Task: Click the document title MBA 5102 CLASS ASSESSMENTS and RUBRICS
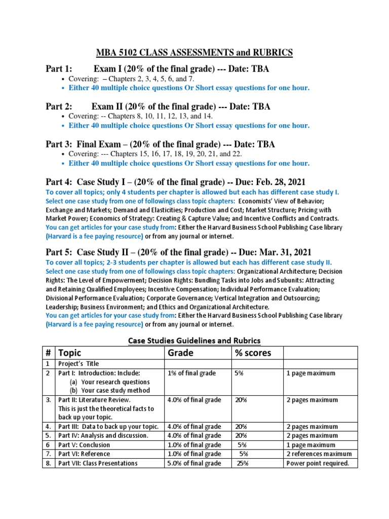coord(194,52)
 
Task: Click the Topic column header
coord(69,353)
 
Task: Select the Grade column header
coord(181,353)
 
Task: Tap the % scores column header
coord(253,353)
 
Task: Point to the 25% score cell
coord(243,463)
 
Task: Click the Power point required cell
coord(318,463)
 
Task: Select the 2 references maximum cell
coord(319,454)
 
